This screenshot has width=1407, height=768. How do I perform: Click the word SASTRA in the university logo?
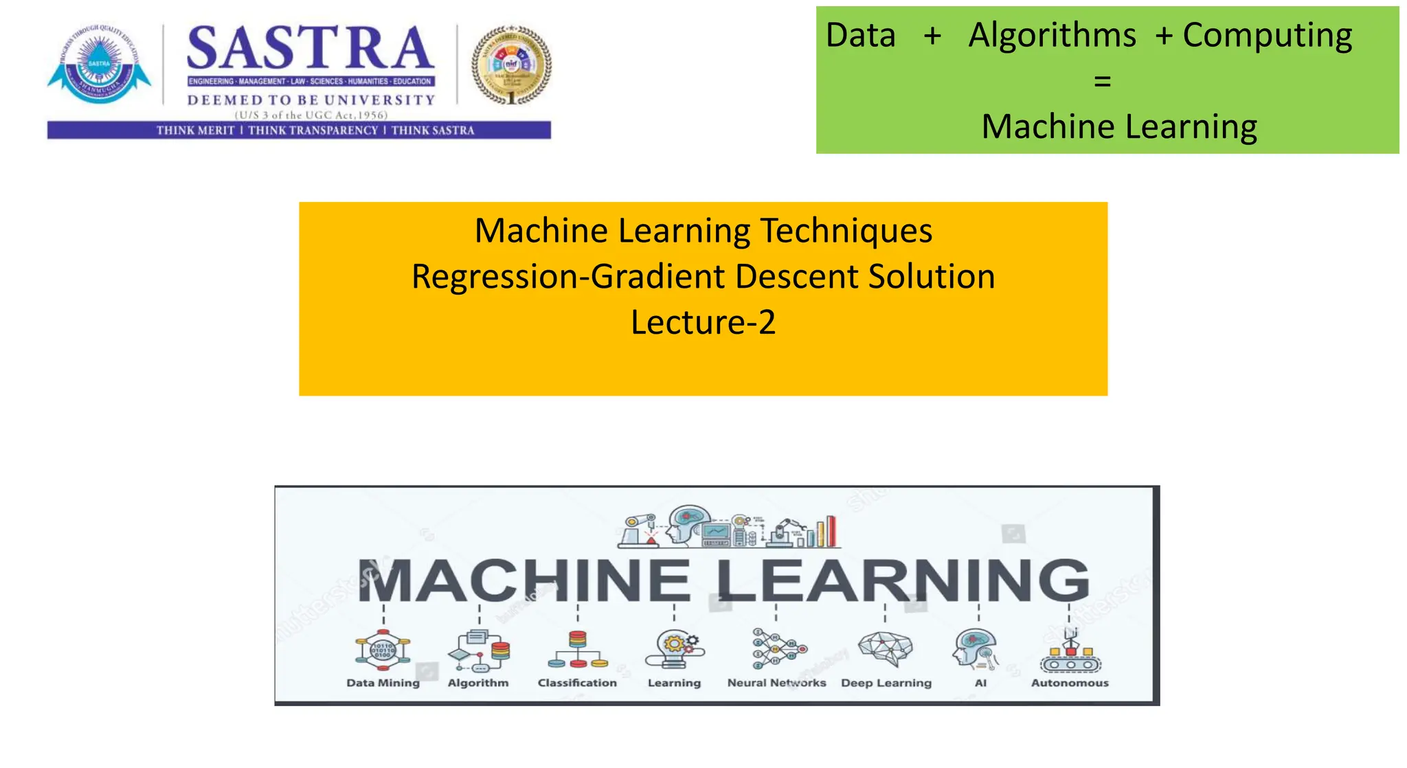pyautogui.click(x=310, y=49)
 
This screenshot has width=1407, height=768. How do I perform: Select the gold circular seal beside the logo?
pyautogui.click(x=511, y=65)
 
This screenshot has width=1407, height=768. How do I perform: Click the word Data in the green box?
pyautogui.click(x=860, y=35)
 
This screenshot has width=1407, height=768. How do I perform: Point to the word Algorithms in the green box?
pyautogui.click(x=1052, y=35)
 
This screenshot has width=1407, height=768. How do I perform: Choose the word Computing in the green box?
pyautogui.click(x=1267, y=35)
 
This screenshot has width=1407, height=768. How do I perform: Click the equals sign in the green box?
pyautogui.click(x=1102, y=81)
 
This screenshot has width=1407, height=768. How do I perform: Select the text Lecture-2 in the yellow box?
pyautogui.click(x=703, y=322)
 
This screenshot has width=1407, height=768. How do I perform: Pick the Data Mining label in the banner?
pyautogui.click(x=383, y=683)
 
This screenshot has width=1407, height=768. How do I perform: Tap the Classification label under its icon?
pyautogui.click(x=577, y=683)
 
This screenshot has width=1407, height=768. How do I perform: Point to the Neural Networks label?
pyautogui.click(x=776, y=683)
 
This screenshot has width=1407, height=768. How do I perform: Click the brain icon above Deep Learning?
pyautogui.click(x=886, y=648)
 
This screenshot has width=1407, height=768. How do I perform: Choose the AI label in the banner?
pyautogui.click(x=980, y=683)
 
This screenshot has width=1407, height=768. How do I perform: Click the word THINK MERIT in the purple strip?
pyautogui.click(x=195, y=131)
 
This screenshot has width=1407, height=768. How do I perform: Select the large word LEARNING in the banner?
pyautogui.click(x=902, y=580)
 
